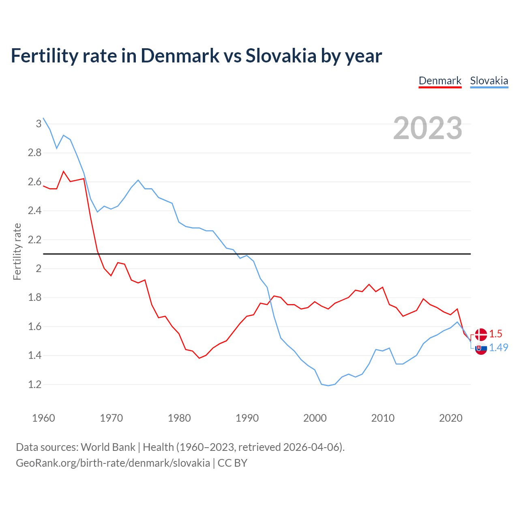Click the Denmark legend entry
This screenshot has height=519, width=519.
pyautogui.click(x=440, y=81)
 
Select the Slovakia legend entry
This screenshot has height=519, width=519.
pyautogui.click(x=489, y=81)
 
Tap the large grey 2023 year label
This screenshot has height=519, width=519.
pyautogui.click(x=427, y=128)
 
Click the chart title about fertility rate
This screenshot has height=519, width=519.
pyautogui.click(x=196, y=56)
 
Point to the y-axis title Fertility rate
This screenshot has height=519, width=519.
pyautogui.click(x=17, y=251)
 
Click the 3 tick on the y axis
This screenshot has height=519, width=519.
pyautogui.click(x=39, y=124)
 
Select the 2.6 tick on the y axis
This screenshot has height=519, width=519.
pyautogui.click(x=35, y=182)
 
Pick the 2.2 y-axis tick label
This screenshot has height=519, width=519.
pyautogui.click(x=35, y=240)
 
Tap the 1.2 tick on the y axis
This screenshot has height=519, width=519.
pyautogui.click(x=35, y=384)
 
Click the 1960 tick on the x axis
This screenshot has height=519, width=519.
pyautogui.click(x=43, y=418)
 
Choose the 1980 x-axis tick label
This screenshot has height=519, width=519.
pyautogui.click(x=179, y=418)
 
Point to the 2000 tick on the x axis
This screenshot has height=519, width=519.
pyautogui.click(x=315, y=418)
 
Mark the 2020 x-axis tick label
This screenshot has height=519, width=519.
pyautogui.click(x=450, y=418)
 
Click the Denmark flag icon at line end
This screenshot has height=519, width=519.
pyautogui.click(x=481, y=335)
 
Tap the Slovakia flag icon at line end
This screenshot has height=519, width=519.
pyautogui.click(x=481, y=348)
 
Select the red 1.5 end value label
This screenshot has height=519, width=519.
pyautogui.click(x=495, y=334)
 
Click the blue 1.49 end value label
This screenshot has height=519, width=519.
pyautogui.click(x=498, y=347)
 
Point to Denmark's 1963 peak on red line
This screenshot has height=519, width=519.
pyautogui.click(x=64, y=172)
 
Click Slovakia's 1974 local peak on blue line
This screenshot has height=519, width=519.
pyautogui.click(x=138, y=180)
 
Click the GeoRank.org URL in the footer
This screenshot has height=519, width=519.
pyautogui.click(x=113, y=463)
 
